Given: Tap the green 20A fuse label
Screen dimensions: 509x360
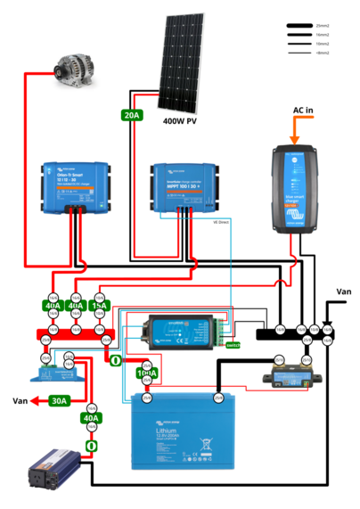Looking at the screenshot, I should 131,114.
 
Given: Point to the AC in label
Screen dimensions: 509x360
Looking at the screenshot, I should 305,111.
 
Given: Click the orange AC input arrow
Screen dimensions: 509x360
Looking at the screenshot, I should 294,132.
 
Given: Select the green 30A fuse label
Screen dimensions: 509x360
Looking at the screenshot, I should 60,400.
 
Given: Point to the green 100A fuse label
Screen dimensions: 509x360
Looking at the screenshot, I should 145,372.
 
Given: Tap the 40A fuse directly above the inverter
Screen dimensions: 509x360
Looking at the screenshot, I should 90,417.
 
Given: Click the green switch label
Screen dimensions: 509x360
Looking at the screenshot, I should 233,344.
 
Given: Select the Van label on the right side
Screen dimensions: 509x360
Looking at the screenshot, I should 344,291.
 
